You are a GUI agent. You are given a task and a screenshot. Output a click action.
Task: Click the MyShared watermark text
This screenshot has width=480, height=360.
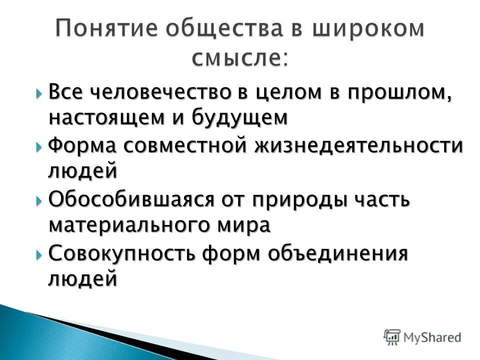tap(432, 336)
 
